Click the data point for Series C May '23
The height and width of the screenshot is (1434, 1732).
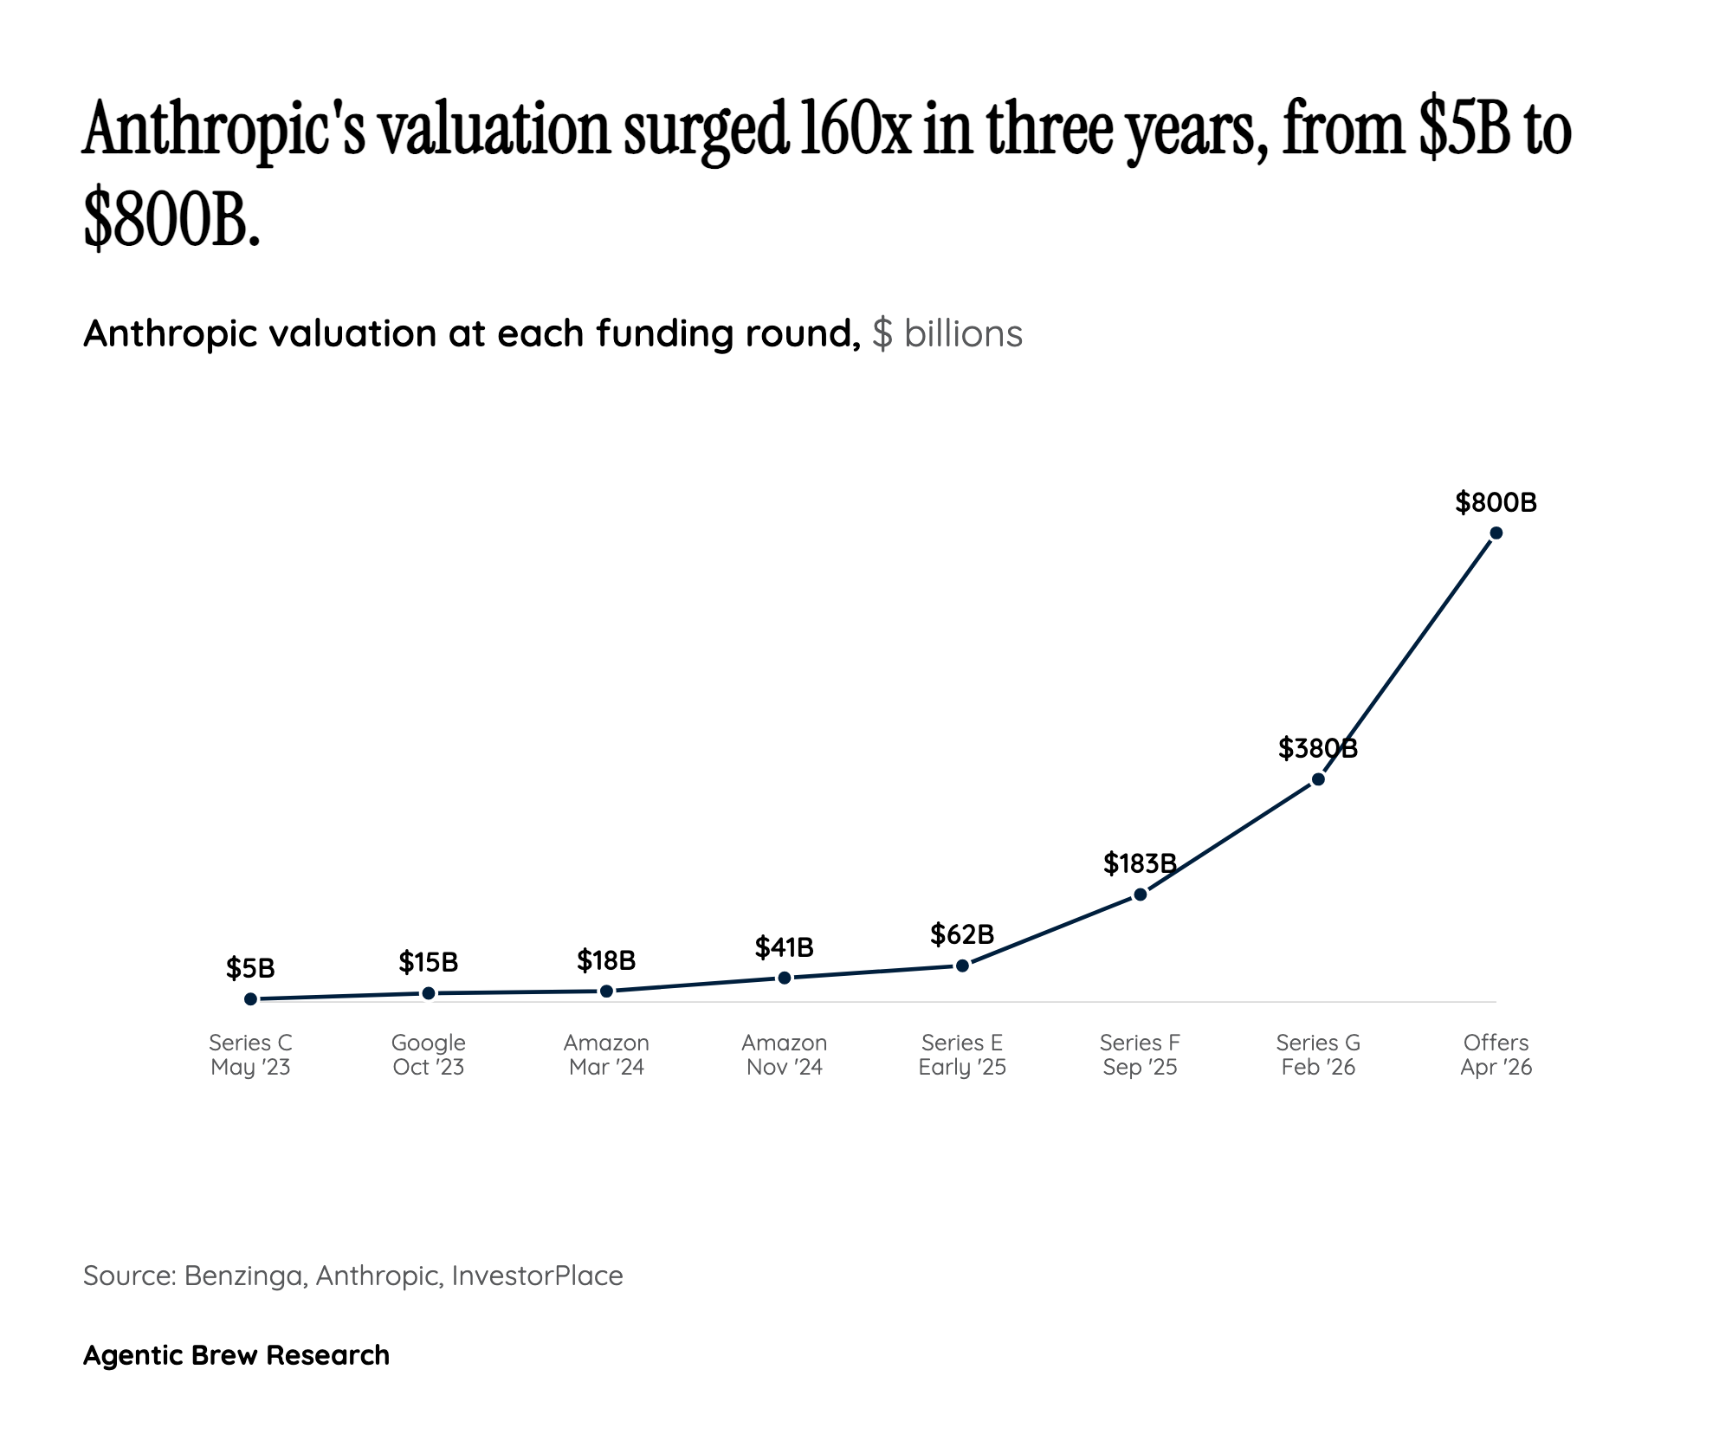[x=250, y=998]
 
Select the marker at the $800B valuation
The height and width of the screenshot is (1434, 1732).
[x=1496, y=533]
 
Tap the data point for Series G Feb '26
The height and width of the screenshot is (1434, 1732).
[x=1318, y=778]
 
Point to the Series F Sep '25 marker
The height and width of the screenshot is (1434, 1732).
[x=1140, y=894]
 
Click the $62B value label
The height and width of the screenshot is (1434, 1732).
[x=961, y=934]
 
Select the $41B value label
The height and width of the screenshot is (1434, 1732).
[x=784, y=947]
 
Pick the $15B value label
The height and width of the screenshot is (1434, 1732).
[x=428, y=961]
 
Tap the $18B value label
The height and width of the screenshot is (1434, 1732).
[x=606, y=959]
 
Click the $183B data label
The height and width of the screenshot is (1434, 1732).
[x=1140, y=862]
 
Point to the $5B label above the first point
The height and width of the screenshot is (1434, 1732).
[x=250, y=967]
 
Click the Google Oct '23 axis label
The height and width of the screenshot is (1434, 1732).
[x=428, y=1054]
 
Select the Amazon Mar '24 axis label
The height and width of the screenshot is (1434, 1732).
[x=606, y=1054]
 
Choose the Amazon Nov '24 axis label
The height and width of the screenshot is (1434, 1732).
[x=784, y=1054]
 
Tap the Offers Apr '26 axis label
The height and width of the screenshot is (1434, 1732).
[x=1496, y=1054]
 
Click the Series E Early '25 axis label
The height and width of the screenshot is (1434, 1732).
[x=961, y=1054]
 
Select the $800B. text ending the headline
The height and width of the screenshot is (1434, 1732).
[x=171, y=220]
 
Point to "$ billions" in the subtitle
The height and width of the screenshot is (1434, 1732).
[x=947, y=333]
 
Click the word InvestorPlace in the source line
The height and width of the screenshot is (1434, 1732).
[x=537, y=1276]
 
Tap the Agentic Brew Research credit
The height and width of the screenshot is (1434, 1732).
[x=236, y=1354]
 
